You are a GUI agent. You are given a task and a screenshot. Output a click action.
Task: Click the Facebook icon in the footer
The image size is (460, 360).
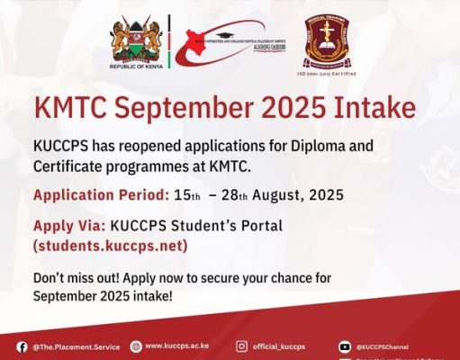pos(22,346)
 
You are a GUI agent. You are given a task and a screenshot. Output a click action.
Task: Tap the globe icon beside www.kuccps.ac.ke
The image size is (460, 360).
pos(136,346)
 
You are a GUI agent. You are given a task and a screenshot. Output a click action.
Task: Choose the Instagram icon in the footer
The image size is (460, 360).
pos(242,346)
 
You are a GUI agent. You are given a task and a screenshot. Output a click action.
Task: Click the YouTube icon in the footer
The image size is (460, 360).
pos(345,346)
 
